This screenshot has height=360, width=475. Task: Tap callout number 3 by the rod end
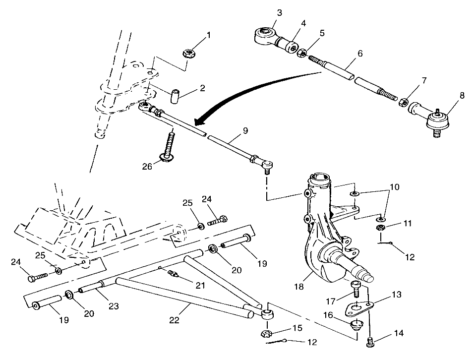point(280,13)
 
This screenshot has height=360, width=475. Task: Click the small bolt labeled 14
point(369,341)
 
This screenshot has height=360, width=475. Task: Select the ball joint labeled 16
point(356,326)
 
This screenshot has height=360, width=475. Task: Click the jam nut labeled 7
point(404,102)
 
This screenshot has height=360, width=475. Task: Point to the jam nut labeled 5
point(301,53)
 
